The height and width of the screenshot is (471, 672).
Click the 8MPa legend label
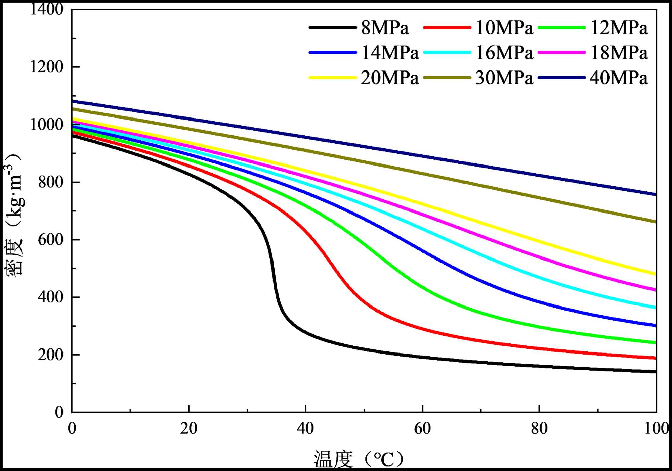tap(385, 28)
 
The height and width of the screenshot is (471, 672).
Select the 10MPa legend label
tap(504, 28)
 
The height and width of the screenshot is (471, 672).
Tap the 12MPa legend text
tap(619, 28)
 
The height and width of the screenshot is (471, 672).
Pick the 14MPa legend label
tap(390, 53)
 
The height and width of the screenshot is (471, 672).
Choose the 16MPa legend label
tap(504, 53)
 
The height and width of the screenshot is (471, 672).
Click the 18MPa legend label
tap(619, 53)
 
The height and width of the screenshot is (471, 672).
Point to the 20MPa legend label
tap(390, 78)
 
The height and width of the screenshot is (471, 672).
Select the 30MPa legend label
tap(504, 78)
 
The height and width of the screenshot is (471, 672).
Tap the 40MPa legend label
tap(619, 78)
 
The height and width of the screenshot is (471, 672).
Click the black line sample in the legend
tap(333, 28)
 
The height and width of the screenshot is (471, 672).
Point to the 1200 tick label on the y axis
tap(47, 67)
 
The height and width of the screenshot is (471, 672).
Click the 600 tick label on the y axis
tap(50, 240)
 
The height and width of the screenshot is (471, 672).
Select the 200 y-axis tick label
tap(50, 355)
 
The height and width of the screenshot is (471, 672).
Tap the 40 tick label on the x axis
tap(305, 429)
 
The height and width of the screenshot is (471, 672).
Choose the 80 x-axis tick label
tap(539, 429)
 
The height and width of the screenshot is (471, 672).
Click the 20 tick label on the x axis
tap(188, 429)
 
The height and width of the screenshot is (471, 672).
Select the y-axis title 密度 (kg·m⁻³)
tap(13, 215)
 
